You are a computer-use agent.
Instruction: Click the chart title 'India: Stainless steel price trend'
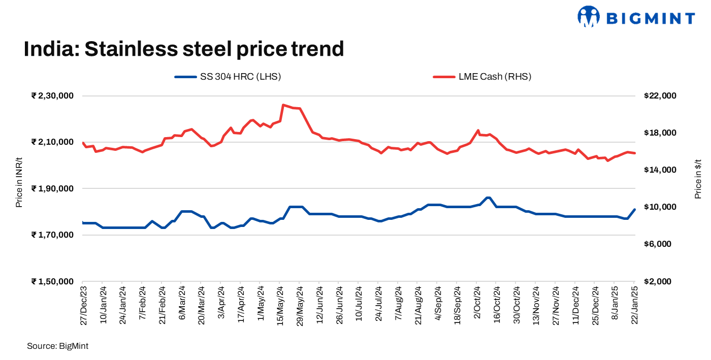[184, 49]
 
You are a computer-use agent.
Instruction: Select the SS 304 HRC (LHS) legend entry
[228, 77]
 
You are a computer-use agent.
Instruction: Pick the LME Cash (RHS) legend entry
[482, 77]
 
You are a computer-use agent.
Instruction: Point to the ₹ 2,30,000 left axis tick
[52, 95]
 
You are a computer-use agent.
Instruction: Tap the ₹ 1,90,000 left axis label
[52, 188]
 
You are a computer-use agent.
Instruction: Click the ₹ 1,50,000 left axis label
[52, 281]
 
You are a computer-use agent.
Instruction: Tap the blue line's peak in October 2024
[488, 198]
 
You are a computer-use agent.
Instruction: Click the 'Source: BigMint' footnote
[57, 346]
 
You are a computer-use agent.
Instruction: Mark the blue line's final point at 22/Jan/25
[635, 209]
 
